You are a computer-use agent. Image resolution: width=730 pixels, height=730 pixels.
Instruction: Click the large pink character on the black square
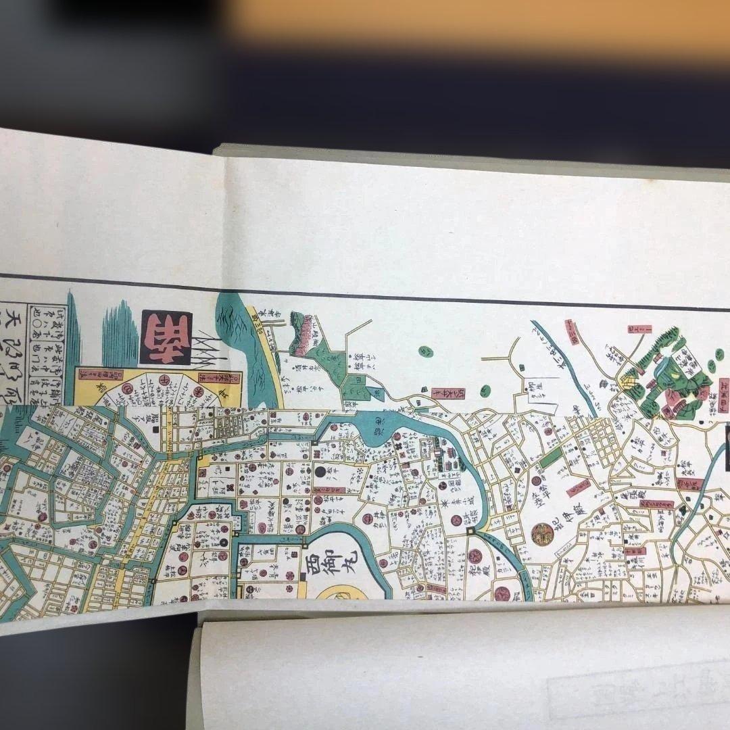click(x=166, y=337)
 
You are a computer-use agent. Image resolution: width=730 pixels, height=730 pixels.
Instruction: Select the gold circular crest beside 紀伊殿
click(x=542, y=534)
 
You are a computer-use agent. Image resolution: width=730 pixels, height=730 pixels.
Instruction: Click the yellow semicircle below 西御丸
click(x=344, y=594)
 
